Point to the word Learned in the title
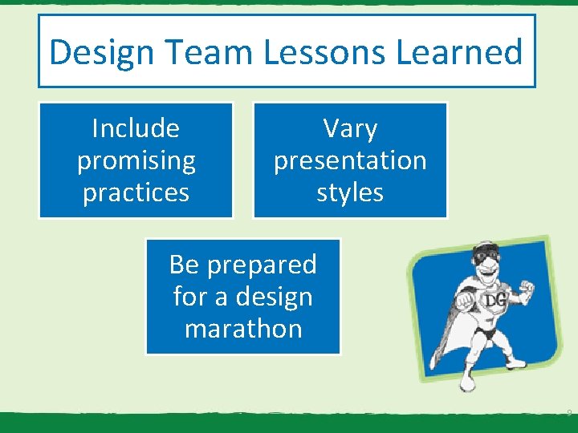coord(456,52)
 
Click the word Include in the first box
coord(136,128)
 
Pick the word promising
coord(136,161)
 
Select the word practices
coord(136,193)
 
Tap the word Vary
coord(350,128)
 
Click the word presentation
coord(350,161)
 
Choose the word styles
coord(350,193)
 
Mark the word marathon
coord(243,329)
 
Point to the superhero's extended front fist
coord(464,301)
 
